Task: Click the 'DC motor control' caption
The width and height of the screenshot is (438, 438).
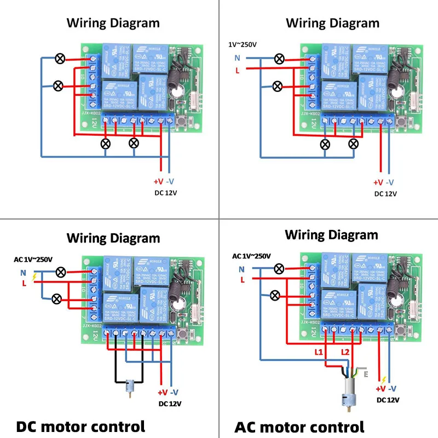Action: (80, 426)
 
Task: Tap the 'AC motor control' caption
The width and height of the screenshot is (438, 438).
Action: (299, 427)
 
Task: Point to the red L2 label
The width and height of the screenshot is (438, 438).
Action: (345, 351)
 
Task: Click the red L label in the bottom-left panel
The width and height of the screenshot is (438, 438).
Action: (24, 283)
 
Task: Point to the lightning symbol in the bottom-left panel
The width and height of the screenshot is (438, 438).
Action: (35, 278)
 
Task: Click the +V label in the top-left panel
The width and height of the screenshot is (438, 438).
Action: (158, 182)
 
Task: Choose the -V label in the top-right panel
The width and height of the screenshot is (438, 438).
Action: (390, 182)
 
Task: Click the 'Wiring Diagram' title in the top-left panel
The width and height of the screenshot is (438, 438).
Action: (113, 23)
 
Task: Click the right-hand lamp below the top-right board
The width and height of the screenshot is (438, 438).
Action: (354, 143)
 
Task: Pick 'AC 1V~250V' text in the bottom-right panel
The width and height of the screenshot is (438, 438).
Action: (251, 256)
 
